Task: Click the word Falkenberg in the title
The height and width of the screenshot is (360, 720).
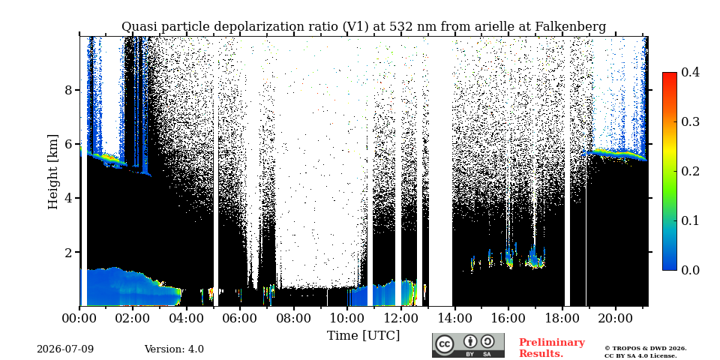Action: click(570, 27)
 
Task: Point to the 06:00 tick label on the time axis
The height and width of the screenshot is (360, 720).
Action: click(240, 319)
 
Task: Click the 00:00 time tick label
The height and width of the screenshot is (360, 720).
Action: click(79, 319)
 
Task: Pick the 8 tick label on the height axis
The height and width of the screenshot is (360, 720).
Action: click(68, 90)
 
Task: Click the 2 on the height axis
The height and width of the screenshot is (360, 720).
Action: click(68, 252)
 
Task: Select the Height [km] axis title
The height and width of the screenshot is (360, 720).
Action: click(53, 172)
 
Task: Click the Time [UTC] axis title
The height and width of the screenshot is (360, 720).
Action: click(363, 336)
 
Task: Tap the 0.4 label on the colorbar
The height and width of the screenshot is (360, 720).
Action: click(690, 73)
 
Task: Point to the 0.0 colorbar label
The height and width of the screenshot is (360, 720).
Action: click(690, 270)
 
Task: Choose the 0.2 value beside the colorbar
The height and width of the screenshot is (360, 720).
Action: click(690, 171)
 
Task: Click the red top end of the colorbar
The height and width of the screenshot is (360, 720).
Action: click(670, 75)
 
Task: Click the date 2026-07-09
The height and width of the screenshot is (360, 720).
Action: click(65, 349)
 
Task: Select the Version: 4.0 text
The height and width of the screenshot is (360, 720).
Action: click(174, 349)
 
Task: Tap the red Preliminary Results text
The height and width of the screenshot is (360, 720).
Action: click(552, 348)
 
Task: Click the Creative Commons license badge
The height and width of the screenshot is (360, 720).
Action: click(468, 345)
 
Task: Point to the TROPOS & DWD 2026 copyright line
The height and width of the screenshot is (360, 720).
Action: click(645, 349)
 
